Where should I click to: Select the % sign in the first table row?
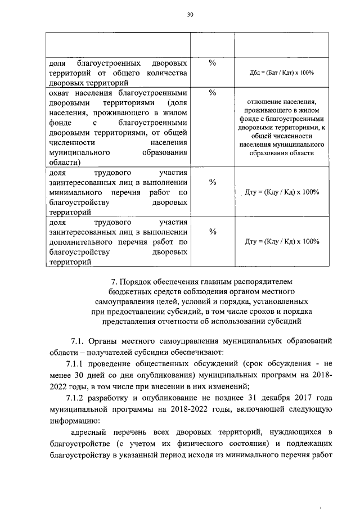pos(213,63)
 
